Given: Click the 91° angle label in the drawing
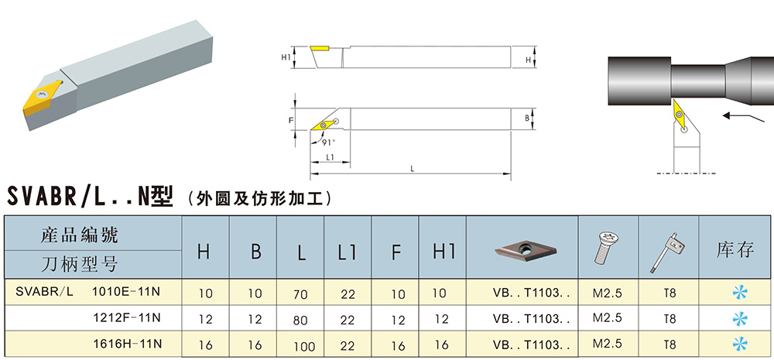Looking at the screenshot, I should pyautogui.click(x=330, y=142).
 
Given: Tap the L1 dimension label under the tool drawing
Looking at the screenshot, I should pyautogui.click(x=329, y=157).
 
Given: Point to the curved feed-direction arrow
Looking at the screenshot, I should pyautogui.click(x=736, y=116).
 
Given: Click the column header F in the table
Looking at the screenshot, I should pyautogui.click(x=396, y=251).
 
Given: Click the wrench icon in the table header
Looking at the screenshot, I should pyautogui.click(x=668, y=249).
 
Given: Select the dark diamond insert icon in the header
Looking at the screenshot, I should pyautogui.click(x=523, y=249).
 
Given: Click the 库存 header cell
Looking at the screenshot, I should pyautogui.click(x=735, y=249).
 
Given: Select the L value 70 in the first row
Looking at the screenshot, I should pyautogui.click(x=301, y=294).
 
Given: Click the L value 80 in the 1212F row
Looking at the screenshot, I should pyautogui.click(x=301, y=319).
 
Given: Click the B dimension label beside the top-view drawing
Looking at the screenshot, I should pyautogui.click(x=526, y=118).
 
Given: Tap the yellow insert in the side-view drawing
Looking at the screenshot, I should pyautogui.click(x=319, y=49).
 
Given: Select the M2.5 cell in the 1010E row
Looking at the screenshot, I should pyautogui.click(x=608, y=293).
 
